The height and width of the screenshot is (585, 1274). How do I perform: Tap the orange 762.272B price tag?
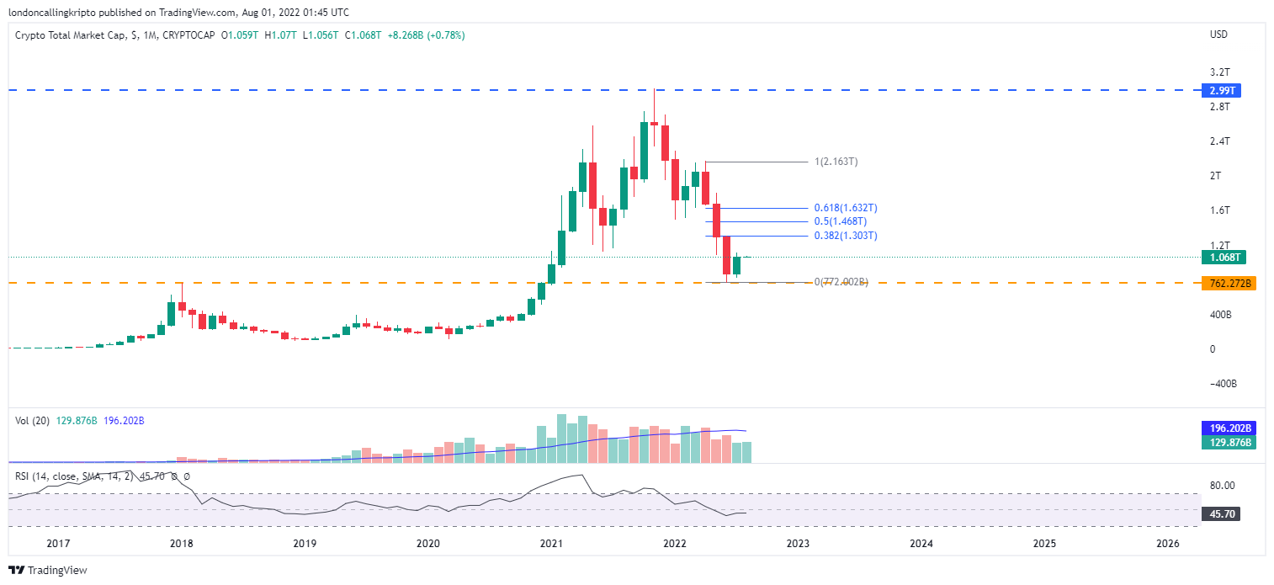coord(1229,284)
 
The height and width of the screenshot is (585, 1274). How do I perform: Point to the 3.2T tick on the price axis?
coord(1219,72)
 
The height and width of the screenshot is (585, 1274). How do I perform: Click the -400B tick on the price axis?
coord(1223,384)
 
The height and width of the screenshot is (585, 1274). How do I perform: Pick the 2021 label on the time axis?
coord(550,544)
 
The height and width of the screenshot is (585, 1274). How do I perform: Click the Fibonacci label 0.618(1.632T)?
coord(846,208)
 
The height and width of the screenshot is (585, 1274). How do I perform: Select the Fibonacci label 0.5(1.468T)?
coord(841,221)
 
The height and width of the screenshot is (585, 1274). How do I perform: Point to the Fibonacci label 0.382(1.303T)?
coord(846,236)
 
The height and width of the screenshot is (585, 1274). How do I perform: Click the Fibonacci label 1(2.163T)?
coord(836,162)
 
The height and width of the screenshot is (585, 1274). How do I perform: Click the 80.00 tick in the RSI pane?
coord(1223,486)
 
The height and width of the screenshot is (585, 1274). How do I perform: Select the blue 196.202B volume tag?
coord(1229,428)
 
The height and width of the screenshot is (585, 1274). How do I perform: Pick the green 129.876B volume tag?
coord(1229,443)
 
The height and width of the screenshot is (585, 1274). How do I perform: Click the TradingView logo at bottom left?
coord(48,570)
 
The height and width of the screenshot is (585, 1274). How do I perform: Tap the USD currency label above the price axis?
coord(1218,35)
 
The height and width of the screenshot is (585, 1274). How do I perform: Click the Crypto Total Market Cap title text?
coord(71,35)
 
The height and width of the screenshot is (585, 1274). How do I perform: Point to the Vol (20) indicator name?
coord(33,420)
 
